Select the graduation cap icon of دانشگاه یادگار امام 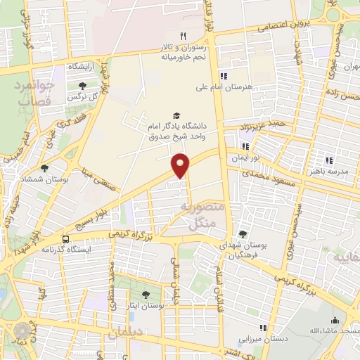[x=176, y=115]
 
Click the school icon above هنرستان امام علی [x=224, y=76]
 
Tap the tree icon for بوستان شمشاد [x=45, y=168]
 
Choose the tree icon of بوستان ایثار [x=146, y=295]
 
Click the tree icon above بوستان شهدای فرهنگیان [x=243, y=234]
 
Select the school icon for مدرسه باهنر [x=329, y=159]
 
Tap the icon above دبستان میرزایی [x=264, y=328]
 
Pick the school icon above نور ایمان [x=245, y=146]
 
